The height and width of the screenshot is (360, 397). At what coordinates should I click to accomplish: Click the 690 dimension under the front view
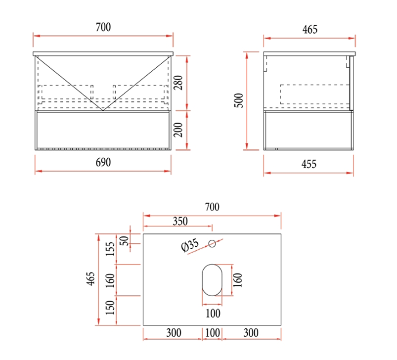coord(103,162)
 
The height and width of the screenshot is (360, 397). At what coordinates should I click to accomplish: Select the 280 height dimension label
coord(178,83)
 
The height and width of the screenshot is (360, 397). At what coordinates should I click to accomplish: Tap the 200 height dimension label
coord(178,130)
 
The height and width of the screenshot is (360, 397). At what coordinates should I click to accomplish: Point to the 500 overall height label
coord(239,100)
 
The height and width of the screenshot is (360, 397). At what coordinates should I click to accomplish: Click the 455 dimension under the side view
coord(309,164)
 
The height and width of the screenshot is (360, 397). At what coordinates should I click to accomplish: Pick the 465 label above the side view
coord(310,29)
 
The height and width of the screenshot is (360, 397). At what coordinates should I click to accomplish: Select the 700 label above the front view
coord(103,27)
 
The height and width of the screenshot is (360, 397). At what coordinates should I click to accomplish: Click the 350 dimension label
coord(180,221)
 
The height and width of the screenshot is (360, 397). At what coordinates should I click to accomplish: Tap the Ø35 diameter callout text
coord(190,245)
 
